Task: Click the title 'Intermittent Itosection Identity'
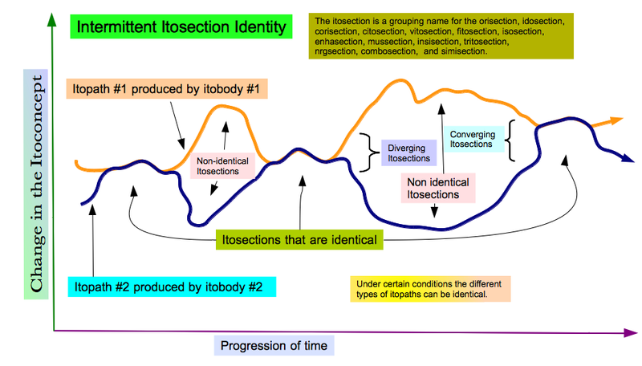[181, 27]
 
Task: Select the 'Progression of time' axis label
[274, 345]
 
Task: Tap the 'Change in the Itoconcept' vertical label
[36, 184]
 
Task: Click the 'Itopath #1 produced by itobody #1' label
[167, 89]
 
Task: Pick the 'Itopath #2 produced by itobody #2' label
[172, 287]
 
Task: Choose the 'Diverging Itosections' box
[409, 153]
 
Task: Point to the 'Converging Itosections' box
[473, 139]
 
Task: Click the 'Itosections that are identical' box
[299, 239]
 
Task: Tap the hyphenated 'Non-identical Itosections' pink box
[223, 166]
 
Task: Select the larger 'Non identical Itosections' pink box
[438, 189]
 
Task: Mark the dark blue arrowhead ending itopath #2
[628, 158]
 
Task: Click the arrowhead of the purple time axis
[631, 333]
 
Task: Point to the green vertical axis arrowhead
[52, 19]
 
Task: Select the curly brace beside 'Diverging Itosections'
[370, 152]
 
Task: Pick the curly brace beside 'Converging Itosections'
[510, 140]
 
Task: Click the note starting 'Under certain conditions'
[430, 289]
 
